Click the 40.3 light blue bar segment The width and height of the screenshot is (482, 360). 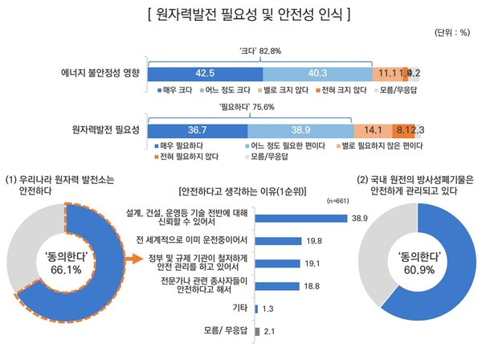pyautogui.click(x=317, y=72)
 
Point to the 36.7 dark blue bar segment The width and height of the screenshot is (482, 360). pyautogui.click(x=198, y=129)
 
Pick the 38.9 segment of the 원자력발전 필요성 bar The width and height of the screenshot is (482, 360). pyautogui.click(x=300, y=129)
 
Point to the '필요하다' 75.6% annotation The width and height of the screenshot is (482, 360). pyautogui.click(x=251, y=107)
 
